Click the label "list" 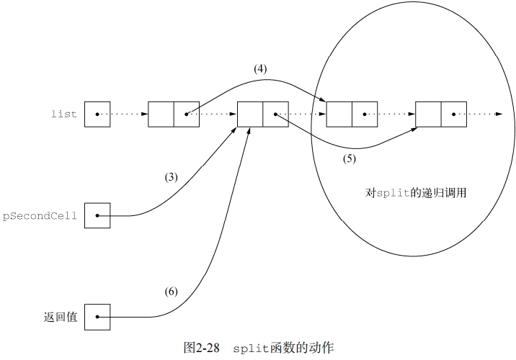63,114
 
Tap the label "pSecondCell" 40,215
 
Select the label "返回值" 61,317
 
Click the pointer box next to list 97,114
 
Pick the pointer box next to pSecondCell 97,215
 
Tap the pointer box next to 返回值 97,317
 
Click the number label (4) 260,69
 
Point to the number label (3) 171,177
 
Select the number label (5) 349,159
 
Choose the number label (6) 171,292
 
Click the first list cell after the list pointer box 174,114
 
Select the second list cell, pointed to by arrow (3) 263,114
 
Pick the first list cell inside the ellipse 352,114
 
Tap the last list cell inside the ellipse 441,114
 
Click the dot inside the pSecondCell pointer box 97,215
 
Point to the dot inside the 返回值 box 97,317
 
